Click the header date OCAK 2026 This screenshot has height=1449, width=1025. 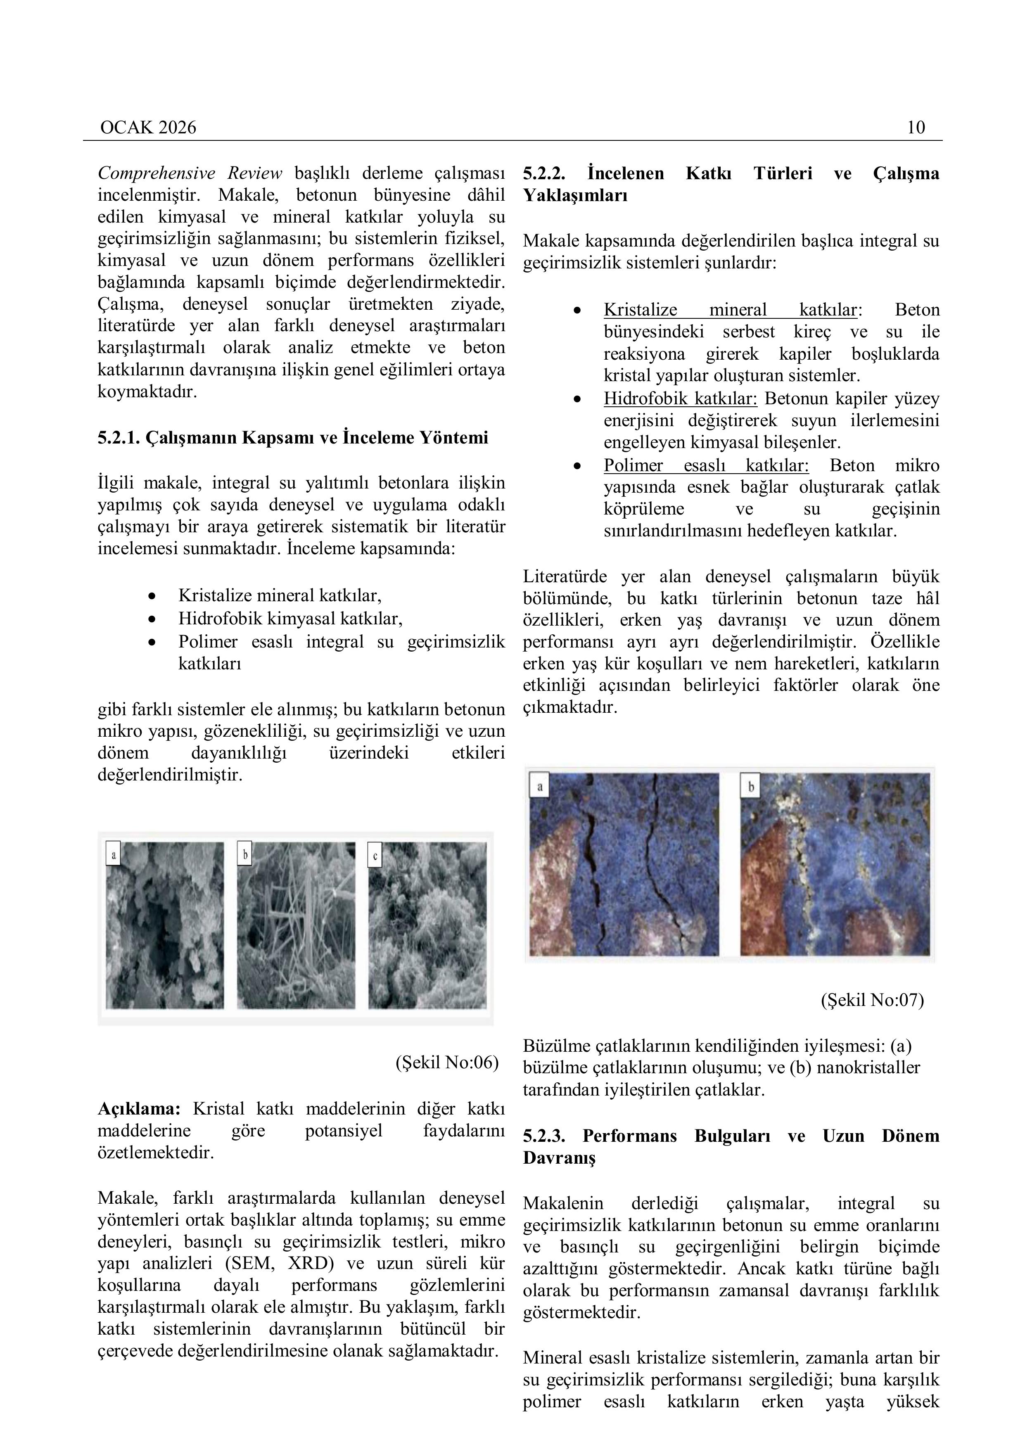pos(148,128)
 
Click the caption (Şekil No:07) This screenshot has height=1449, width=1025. pos(872,1000)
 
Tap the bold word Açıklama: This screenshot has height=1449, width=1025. pos(139,1108)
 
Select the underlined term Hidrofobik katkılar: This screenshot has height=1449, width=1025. pos(681,399)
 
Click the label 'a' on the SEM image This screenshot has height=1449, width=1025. pos(114,856)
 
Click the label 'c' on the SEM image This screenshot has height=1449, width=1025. pos(375,856)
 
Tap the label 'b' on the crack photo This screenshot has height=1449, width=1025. pos(750,787)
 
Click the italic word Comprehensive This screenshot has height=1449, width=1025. pos(156,173)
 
